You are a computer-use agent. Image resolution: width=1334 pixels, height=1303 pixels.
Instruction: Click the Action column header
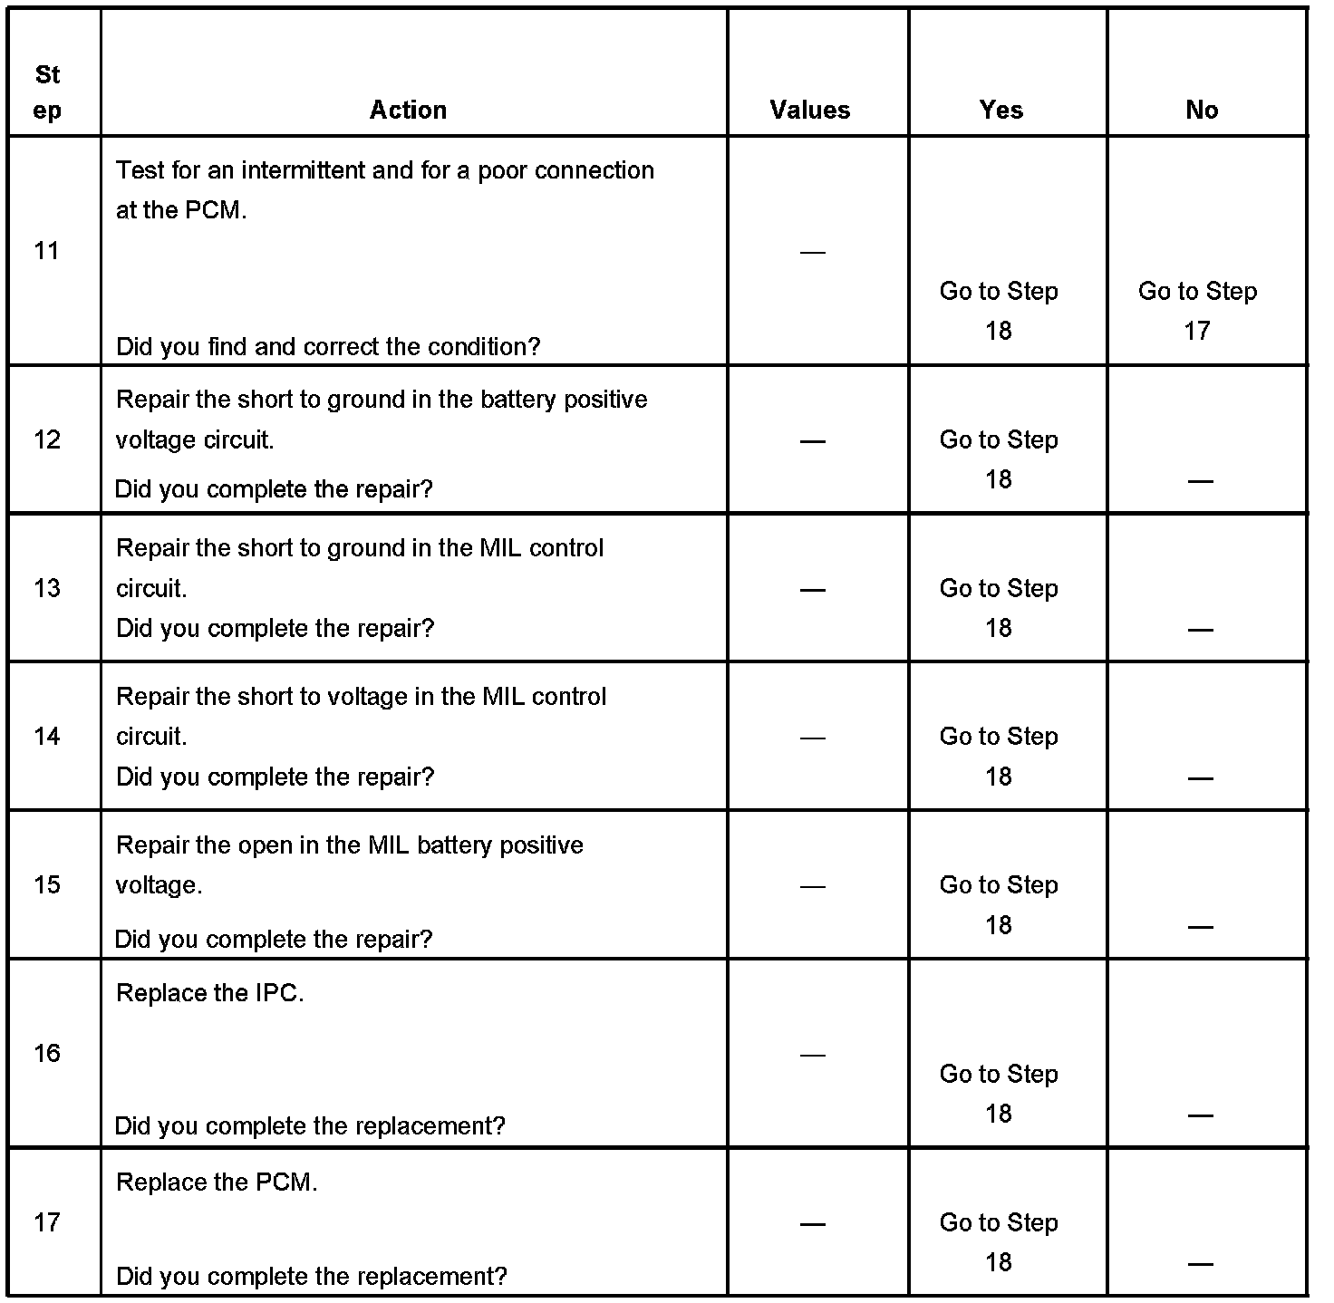pyautogui.click(x=408, y=110)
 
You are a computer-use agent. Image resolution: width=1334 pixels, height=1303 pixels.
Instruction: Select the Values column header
pyautogui.click(x=810, y=110)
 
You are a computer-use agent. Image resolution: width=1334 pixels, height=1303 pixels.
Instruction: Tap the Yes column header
pyautogui.click(x=1000, y=110)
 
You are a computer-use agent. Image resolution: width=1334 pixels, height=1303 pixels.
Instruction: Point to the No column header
pyautogui.click(x=1202, y=110)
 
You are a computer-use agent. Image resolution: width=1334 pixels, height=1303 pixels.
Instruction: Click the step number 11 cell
pyautogui.click(x=47, y=251)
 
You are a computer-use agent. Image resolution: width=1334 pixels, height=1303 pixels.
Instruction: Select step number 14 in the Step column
pyautogui.click(x=47, y=736)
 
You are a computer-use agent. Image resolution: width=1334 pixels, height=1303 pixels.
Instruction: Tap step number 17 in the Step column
pyautogui.click(x=47, y=1222)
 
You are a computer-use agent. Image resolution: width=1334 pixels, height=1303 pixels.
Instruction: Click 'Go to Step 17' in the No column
pyautogui.click(x=1197, y=311)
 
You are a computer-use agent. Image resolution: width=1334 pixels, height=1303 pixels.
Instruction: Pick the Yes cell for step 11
pyautogui.click(x=999, y=311)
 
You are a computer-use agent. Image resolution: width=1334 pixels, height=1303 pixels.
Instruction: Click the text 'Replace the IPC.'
pyautogui.click(x=209, y=993)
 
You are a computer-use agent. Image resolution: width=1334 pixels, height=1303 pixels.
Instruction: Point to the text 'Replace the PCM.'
pyautogui.click(x=217, y=1182)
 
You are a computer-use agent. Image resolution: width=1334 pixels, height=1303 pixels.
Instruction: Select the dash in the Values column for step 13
pyautogui.click(x=813, y=590)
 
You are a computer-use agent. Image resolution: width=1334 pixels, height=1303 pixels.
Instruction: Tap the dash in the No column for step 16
pyautogui.click(x=1200, y=1115)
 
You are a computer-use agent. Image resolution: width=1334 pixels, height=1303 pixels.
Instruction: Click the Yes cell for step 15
pyautogui.click(x=999, y=904)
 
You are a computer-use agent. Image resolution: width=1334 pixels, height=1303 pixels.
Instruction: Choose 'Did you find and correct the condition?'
pyautogui.click(x=328, y=346)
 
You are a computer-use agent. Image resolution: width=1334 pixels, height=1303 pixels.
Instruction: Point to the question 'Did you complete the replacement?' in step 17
pyautogui.click(x=312, y=1276)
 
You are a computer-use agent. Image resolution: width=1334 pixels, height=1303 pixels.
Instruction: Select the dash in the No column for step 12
pyautogui.click(x=1200, y=481)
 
